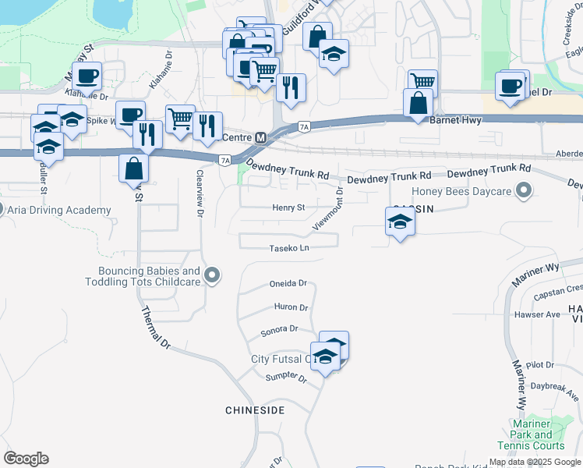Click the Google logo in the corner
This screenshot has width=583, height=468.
point(26,459)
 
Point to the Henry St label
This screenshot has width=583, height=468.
point(288,207)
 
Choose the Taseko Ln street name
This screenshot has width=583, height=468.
point(289,248)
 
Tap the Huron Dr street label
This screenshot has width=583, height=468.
point(292,307)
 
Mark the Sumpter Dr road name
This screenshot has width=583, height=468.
point(287,378)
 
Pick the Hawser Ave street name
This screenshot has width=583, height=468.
point(538,314)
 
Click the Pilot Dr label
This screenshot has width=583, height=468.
point(539,364)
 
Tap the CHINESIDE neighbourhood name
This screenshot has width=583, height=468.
point(255,409)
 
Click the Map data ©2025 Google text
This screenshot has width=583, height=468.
point(535,462)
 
